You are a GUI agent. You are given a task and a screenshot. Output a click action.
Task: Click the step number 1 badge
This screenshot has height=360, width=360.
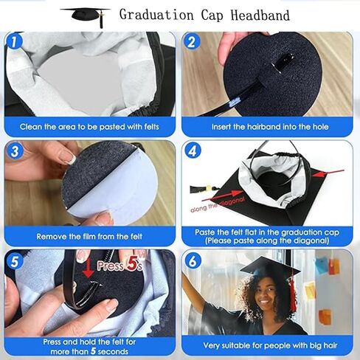[x=15, y=41]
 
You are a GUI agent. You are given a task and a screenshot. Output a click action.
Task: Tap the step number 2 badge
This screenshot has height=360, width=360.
[x=192, y=41]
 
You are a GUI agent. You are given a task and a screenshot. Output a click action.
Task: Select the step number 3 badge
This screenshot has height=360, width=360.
[x=15, y=150]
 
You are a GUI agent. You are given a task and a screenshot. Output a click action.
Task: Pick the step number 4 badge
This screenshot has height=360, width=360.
[x=193, y=150]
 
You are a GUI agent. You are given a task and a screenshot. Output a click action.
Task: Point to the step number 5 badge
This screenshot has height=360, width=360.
[x=15, y=260]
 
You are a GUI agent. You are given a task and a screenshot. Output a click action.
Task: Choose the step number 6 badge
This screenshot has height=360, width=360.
[x=193, y=260]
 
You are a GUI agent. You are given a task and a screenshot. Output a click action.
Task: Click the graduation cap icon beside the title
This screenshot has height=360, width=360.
[x=85, y=17]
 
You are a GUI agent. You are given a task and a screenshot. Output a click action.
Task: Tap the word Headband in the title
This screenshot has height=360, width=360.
[x=260, y=15]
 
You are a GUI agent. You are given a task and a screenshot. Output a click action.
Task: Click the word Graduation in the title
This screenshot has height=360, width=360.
[x=156, y=15]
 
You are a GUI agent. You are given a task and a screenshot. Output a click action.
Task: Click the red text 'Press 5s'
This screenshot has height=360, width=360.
[x=120, y=266]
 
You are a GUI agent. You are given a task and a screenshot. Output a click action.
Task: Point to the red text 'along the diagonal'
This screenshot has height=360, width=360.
[x=218, y=204]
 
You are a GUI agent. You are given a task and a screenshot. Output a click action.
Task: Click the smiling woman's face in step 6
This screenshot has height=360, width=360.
[x=265, y=294]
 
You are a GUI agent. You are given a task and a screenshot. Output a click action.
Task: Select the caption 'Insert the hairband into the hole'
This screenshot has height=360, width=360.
[x=270, y=127]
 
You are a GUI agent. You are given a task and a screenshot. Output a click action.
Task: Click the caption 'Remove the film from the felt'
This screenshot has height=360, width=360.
[x=89, y=237]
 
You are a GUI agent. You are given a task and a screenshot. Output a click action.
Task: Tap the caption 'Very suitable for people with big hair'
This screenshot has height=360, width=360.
[x=270, y=346]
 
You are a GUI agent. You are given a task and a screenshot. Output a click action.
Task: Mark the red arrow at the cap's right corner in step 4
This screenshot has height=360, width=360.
[x=328, y=173]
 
